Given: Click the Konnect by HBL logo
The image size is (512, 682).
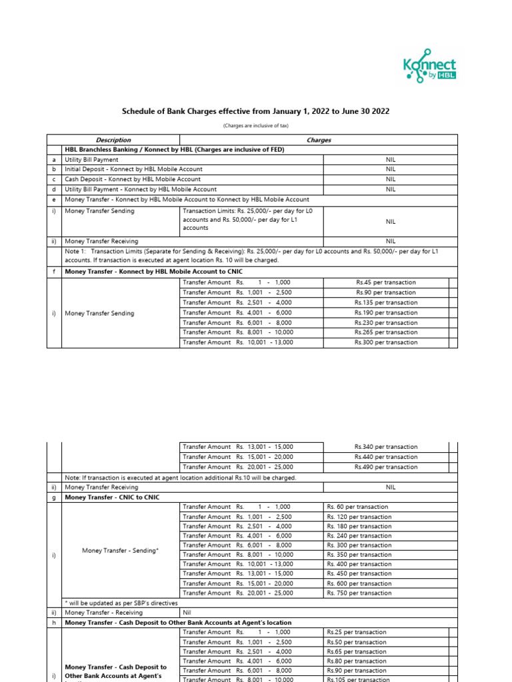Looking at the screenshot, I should (430, 67).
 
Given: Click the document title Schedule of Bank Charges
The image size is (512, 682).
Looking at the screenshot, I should (255, 111).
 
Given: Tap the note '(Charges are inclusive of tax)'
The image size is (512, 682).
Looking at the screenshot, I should (255, 126).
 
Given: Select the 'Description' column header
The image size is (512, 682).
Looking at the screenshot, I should (113, 140).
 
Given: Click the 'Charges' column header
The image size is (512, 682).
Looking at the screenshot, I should (319, 140).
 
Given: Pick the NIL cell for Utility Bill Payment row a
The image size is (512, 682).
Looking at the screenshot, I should (391, 160).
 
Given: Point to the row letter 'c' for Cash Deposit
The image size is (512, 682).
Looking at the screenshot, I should (54, 179).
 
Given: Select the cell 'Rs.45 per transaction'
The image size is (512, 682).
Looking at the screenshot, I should (385, 282).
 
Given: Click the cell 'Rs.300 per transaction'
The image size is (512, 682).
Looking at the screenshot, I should (385, 342).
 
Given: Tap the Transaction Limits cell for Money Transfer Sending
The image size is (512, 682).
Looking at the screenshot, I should (251, 219).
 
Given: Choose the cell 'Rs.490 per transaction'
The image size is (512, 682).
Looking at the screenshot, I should (385, 467).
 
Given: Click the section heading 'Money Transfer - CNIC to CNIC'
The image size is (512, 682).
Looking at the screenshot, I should (112, 498).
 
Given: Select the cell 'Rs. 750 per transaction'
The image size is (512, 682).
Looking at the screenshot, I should (359, 593).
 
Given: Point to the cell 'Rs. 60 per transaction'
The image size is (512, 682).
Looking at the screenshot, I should (358, 507).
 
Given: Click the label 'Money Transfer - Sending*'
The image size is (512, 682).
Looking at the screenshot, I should (121, 550).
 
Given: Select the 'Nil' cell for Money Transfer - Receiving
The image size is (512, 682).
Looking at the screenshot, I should (188, 613).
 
